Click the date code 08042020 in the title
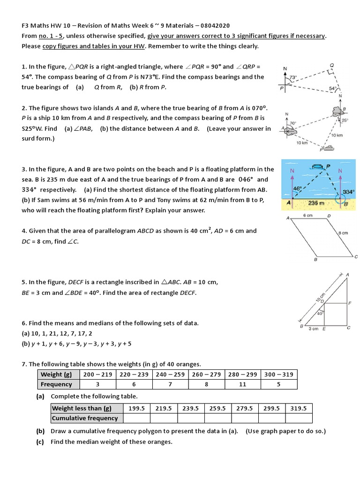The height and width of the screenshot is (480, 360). [x=214, y=25]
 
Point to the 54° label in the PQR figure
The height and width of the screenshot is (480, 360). [x=332, y=88]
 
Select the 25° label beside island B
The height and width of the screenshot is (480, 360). [x=345, y=120]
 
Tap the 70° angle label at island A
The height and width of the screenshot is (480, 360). [x=293, y=123]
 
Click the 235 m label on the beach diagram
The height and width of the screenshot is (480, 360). [x=316, y=203]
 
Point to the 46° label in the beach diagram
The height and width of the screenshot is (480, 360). [x=297, y=188]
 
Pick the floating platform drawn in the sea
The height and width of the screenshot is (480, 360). [x=317, y=165]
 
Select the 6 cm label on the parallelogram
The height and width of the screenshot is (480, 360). [x=307, y=216]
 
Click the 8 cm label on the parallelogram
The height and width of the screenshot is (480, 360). [x=343, y=232]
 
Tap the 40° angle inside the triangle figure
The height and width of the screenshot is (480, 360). [x=320, y=314]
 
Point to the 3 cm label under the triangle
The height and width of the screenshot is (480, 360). [x=313, y=329]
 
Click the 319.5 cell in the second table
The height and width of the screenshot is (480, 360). [x=298, y=408]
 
